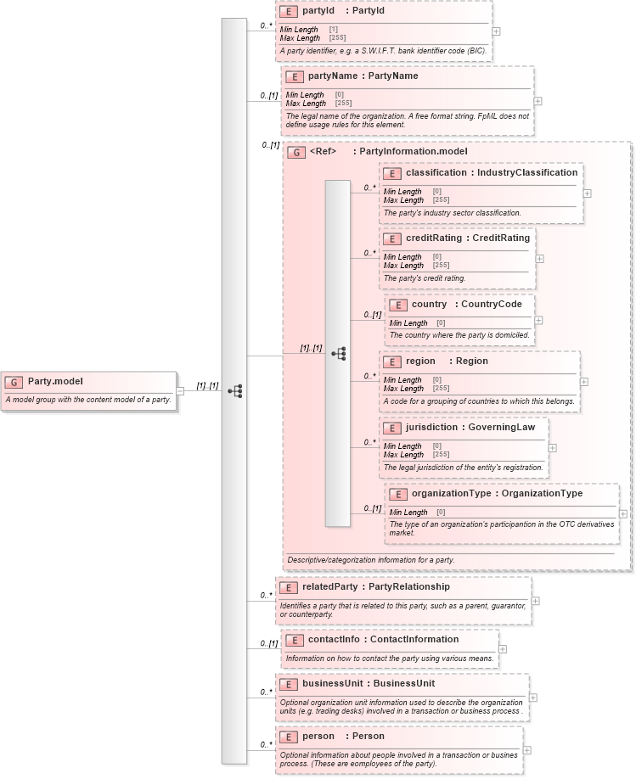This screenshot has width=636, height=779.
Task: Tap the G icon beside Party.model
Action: point(14,382)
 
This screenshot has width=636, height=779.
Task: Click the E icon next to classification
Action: point(392,173)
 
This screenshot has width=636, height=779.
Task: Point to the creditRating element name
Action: point(433,238)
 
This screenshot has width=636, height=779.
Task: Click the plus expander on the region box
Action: point(584,381)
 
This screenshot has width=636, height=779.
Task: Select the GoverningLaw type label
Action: point(502,428)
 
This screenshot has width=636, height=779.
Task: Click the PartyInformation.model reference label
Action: point(414,152)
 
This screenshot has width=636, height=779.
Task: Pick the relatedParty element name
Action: point(329,586)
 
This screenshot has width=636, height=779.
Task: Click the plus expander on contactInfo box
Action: point(503,649)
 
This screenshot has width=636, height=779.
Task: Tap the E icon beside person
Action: point(288,737)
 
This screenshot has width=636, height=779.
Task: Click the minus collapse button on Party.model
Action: point(180,390)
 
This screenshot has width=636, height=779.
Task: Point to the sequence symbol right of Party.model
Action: point(235,391)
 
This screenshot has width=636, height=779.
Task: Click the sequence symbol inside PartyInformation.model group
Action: point(338,353)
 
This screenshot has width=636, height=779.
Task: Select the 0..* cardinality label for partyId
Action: point(266,26)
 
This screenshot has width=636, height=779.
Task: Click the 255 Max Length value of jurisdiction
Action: point(441,455)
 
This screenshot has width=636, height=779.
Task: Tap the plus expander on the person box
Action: point(527,750)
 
